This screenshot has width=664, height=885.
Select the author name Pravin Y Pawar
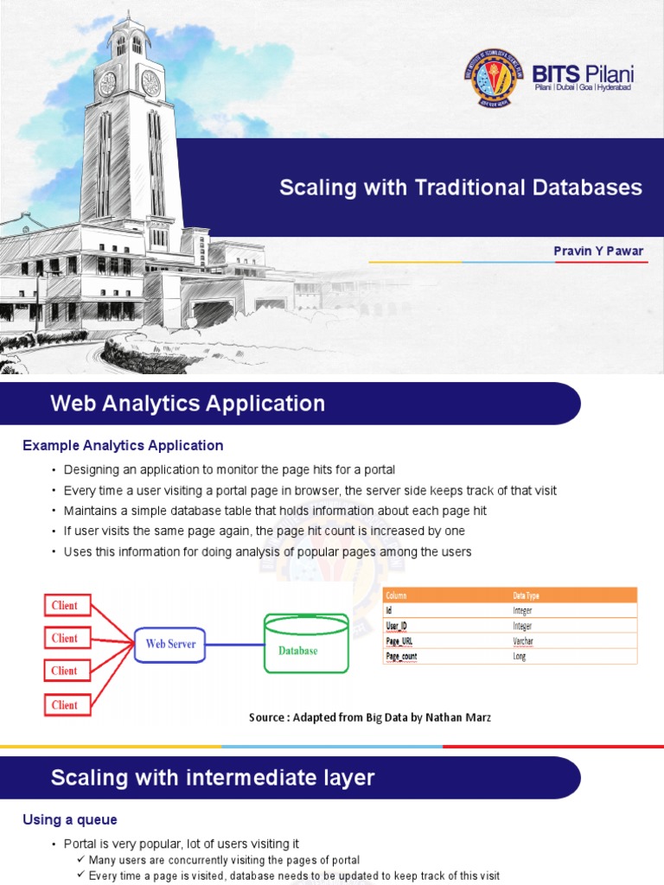point(598,251)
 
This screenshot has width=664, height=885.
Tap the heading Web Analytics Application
point(188,404)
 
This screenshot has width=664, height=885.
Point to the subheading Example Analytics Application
point(123,446)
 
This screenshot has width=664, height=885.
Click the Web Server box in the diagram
point(170,644)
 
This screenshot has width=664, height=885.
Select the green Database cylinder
point(306,644)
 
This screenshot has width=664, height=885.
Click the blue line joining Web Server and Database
point(235,644)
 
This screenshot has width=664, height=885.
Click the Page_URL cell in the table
point(399,640)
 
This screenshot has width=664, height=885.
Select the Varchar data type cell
point(523,640)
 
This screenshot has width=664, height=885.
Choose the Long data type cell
point(519,656)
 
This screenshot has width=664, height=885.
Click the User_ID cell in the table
point(398,626)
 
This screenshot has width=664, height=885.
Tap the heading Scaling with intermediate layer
point(213,778)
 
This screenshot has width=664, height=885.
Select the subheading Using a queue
point(70,820)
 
